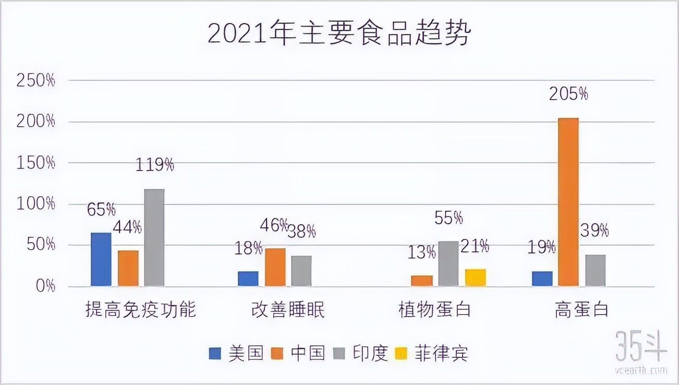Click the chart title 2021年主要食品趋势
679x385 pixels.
tap(339, 34)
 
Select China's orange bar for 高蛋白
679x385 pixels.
tap(568, 202)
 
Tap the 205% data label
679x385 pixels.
tap(568, 94)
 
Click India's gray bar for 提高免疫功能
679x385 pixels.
tap(154, 237)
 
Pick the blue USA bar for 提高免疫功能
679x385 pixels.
tap(101, 259)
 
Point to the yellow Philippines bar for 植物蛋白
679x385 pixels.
tap(476, 278)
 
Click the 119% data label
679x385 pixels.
tap(154, 165)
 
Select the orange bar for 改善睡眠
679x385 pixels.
tap(275, 267)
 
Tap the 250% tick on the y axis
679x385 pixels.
tap(35, 81)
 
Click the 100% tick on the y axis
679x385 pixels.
tap(35, 204)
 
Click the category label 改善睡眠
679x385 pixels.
tap(287, 310)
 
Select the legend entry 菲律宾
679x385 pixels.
tap(441, 354)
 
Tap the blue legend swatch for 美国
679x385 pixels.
tap(215, 354)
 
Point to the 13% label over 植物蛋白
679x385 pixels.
tap(422, 253)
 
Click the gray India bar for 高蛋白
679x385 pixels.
tap(595, 270)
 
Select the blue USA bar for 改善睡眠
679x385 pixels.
tap(248, 279)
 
